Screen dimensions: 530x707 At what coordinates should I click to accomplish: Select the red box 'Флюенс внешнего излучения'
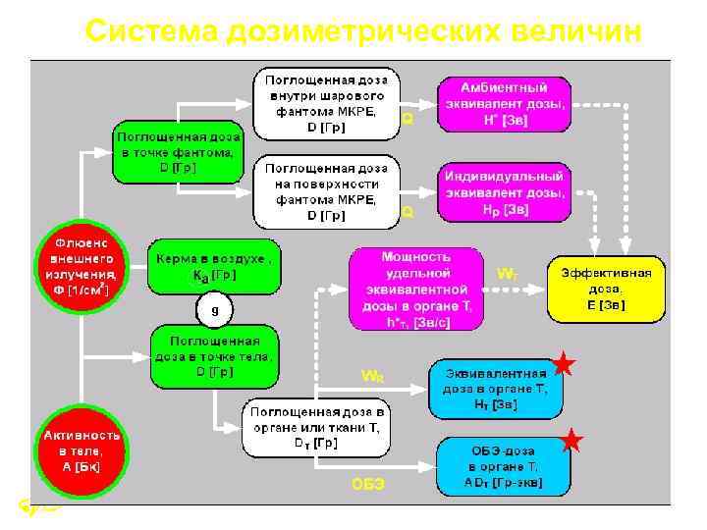pos(81,266)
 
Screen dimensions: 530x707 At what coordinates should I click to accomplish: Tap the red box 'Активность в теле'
pos(81,449)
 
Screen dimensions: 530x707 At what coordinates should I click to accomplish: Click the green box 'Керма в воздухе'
pos(211,267)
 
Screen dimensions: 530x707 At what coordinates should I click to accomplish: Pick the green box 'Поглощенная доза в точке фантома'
pos(177,151)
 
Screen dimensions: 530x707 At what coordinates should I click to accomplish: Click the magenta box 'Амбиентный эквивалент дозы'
pos(504,103)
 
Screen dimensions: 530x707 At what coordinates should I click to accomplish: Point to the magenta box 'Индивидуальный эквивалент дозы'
pos(504,192)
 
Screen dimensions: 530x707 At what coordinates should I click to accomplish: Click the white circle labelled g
pos(214,311)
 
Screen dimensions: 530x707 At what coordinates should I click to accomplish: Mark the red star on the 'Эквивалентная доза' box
pos(563,365)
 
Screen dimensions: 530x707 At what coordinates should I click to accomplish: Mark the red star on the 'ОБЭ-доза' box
pos(573,442)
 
